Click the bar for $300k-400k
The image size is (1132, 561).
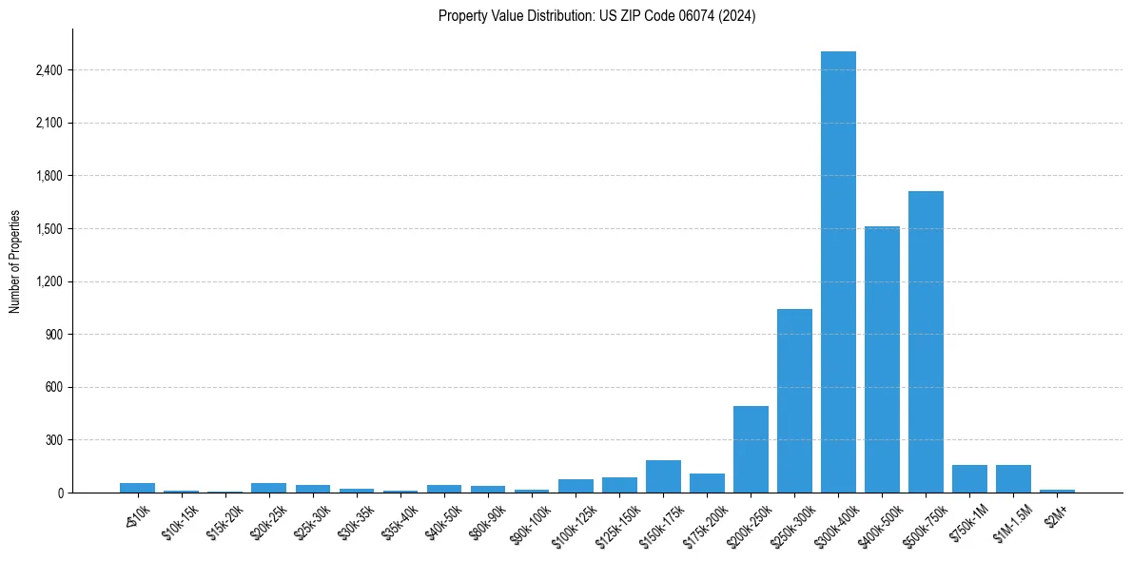point(838,272)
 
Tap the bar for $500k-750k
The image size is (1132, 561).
point(926,342)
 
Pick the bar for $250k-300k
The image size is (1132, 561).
point(794,400)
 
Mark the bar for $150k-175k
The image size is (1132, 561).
point(663,476)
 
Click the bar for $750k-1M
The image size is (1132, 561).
point(969,478)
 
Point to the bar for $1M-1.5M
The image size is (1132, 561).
point(1013,478)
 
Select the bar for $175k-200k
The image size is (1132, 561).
point(707,483)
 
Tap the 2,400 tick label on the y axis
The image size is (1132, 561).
point(49,70)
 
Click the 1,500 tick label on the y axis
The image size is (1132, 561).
point(49,229)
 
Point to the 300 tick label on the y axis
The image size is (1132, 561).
point(55,440)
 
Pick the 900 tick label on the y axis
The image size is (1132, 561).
point(55,335)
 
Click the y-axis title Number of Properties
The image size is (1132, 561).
point(15,261)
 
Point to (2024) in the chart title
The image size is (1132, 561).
point(738,16)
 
